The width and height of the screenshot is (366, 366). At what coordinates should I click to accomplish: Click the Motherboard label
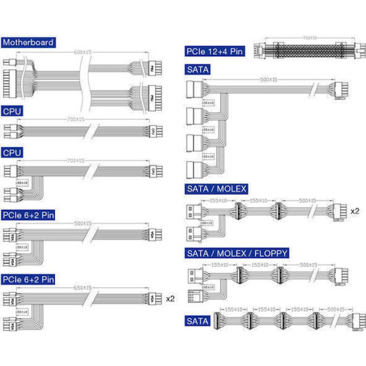tap(28, 42)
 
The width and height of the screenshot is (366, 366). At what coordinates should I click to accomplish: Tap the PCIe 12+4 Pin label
tap(215, 51)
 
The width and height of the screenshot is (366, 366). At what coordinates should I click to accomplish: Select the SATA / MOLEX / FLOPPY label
tap(237, 253)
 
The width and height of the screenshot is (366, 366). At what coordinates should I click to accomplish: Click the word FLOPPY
tap(271, 253)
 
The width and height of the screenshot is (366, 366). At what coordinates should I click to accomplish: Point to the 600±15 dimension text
tap(82, 52)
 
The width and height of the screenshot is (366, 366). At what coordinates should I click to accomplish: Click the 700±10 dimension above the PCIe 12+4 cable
tap(310, 38)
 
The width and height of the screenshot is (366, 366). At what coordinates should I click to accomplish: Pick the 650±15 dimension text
tap(82, 288)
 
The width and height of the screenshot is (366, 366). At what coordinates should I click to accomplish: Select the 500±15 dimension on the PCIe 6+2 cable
tap(83, 224)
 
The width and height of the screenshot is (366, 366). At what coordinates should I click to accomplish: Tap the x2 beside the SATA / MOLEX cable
tap(355, 211)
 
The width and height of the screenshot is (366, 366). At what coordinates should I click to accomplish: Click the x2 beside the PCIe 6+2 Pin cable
tap(170, 299)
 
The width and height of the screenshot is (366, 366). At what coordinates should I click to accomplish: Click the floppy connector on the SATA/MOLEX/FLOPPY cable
tap(194, 296)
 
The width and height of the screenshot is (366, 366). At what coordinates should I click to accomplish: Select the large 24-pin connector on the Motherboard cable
tap(10, 84)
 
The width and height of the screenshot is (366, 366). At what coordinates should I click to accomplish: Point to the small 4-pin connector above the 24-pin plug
tap(9, 63)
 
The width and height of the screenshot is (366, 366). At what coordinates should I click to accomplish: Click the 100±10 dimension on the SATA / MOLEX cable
tap(206, 223)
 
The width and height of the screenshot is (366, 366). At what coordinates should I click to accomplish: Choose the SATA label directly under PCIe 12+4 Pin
tap(198, 70)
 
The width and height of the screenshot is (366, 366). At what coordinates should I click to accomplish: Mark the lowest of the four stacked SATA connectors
tap(194, 170)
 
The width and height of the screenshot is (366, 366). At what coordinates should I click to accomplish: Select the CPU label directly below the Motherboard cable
tap(12, 111)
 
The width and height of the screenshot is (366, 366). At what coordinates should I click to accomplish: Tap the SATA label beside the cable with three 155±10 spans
tap(197, 321)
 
